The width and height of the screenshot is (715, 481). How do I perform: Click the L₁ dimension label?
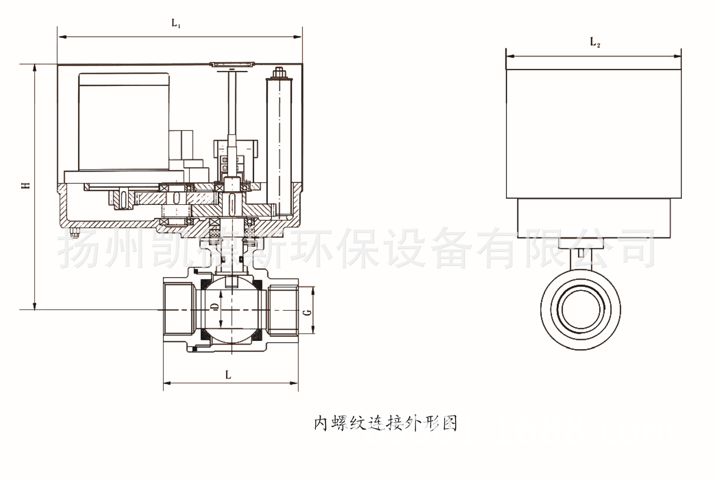[x=176, y=23]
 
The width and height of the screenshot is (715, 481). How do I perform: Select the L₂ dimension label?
[x=595, y=42]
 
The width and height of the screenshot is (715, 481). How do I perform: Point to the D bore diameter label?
[x=214, y=306]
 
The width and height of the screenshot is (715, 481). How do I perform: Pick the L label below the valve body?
[x=228, y=374]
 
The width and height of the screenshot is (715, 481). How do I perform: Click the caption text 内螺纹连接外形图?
[x=385, y=424]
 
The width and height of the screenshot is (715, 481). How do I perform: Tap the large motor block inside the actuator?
[x=124, y=121]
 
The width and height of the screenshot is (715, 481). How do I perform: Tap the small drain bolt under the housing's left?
[x=74, y=233]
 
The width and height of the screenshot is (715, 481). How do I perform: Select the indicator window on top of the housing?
[x=232, y=64]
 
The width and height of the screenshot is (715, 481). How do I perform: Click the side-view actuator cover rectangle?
[x=594, y=133]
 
